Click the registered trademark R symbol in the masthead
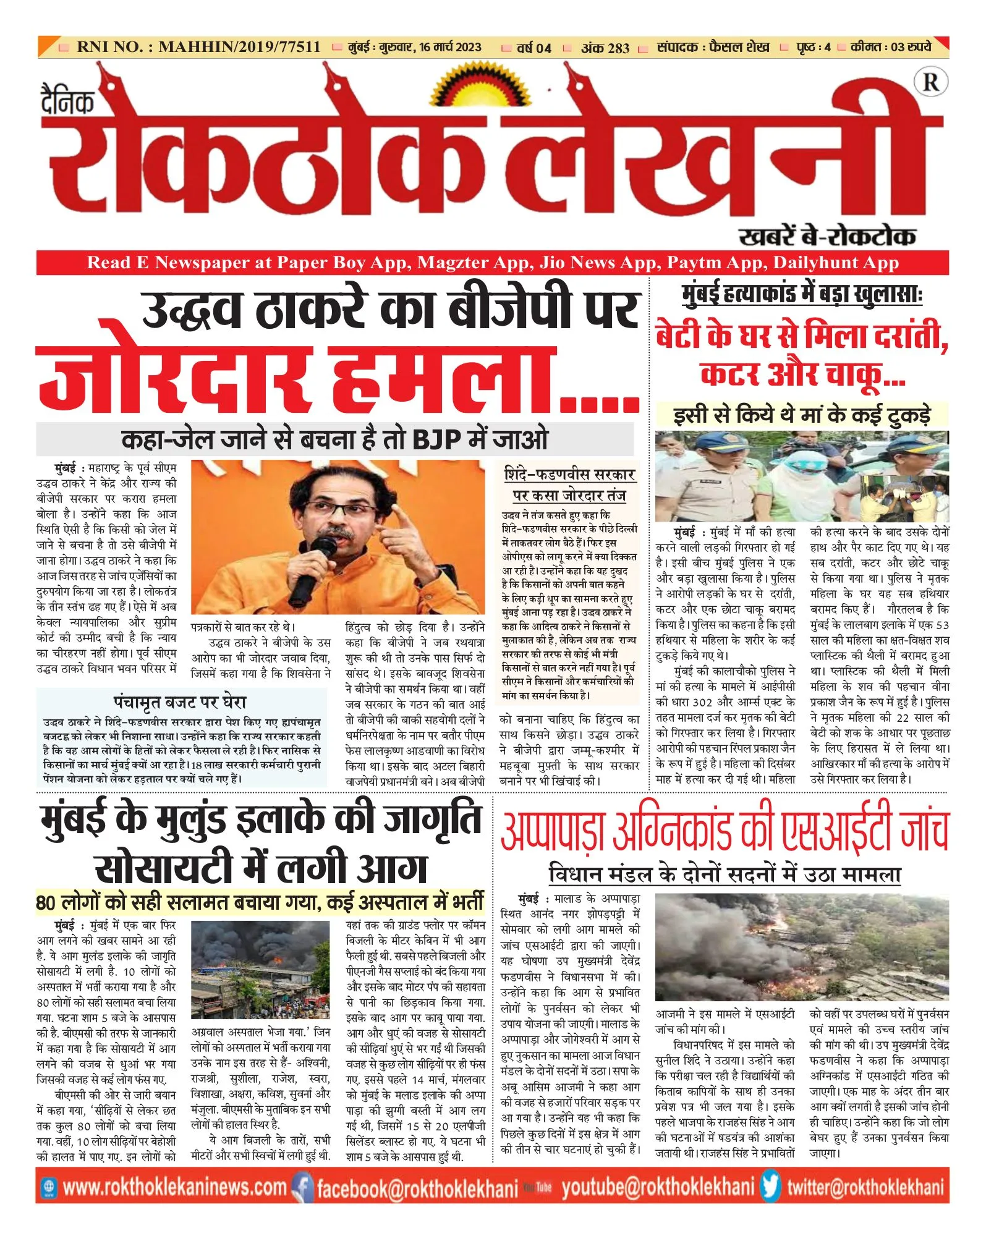click(x=930, y=82)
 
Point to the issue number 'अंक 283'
click(x=605, y=48)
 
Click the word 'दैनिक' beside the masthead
click(x=68, y=101)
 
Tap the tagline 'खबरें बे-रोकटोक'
click(x=827, y=236)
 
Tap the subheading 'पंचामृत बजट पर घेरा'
click(x=180, y=702)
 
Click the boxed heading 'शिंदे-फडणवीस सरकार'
click(x=569, y=475)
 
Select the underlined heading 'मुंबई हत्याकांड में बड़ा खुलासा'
click(x=801, y=294)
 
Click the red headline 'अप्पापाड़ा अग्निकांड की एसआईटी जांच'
click(x=724, y=832)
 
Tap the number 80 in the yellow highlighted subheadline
click(x=46, y=903)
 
